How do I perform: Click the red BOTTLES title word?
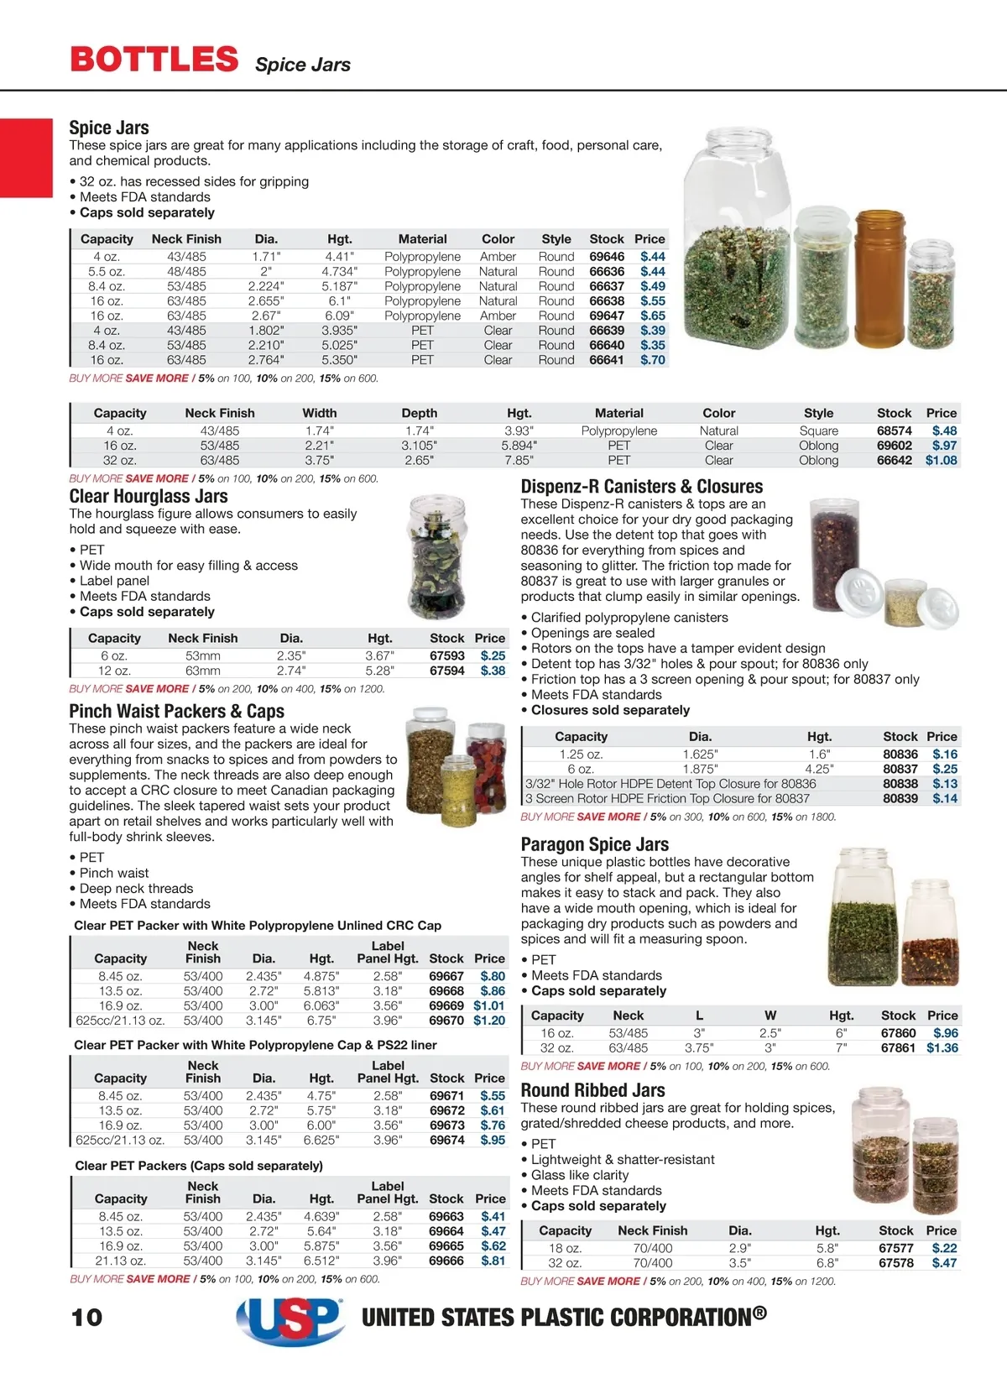(x=154, y=60)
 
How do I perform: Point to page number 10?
(x=86, y=1317)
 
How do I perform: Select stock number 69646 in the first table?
(x=607, y=257)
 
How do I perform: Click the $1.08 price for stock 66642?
(x=941, y=461)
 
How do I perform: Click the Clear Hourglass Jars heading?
(x=149, y=496)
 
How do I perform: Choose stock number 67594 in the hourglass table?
(x=446, y=671)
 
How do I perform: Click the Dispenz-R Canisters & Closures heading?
(x=641, y=487)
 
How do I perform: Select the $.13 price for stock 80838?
(x=945, y=784)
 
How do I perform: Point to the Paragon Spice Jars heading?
(x=594, y=844)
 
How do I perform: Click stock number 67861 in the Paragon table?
(x=898, y=1048)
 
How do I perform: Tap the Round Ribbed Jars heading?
(x=592, y=1090)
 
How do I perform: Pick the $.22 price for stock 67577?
(x=944, y=1248)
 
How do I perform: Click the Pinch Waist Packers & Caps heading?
(x=176, y=712)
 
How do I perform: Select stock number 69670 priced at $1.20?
(x=446, y=1021)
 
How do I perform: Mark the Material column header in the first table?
(x=422, y=239)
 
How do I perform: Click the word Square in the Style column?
(x=818, y=431)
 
